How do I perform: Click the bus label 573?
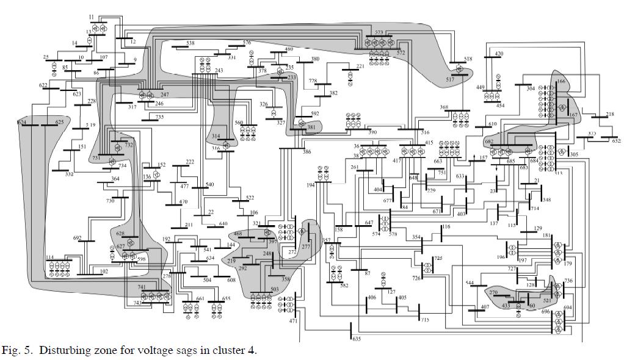click(379, 32)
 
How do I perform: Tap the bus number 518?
click(468, 59)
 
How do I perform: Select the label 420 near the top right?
click(499, 54)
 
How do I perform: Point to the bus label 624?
click(22, 123)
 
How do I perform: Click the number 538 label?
click(190, 43)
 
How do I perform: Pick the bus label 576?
click(247, 43)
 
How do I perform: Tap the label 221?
click(360, 66)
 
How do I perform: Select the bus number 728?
click(313, 81)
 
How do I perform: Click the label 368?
click(444, 107)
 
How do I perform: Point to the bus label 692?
click(77, 238)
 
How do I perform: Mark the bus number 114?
click(49, 257)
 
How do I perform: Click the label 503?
click(275, 290)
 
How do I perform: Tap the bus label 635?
click(357, 339)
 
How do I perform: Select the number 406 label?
click(371, 298)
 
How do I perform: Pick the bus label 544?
click(470, 283)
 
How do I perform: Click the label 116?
click(446, 227)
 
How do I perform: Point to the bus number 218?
click(610, 115)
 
